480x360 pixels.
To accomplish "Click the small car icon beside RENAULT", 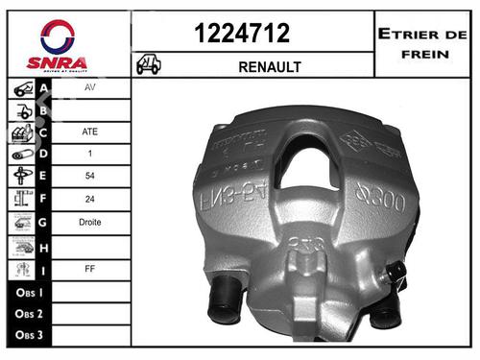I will [x=149, y=65].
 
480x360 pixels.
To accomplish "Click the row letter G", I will [x=44, y=223].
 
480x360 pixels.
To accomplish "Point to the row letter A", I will [x=44, y=88].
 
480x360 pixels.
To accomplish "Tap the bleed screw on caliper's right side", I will [x=396, y=277].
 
